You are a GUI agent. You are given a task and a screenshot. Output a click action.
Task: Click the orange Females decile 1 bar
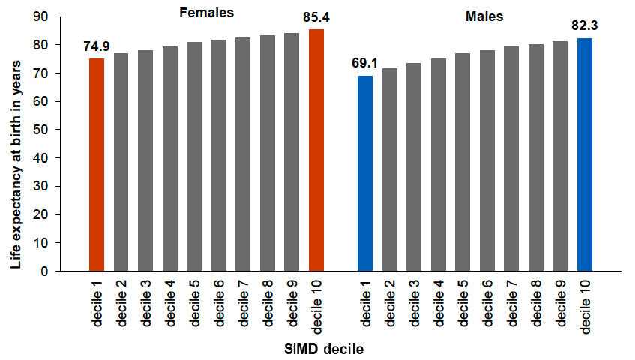coord(96,165)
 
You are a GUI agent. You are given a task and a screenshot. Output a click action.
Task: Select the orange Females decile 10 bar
coord(316,150)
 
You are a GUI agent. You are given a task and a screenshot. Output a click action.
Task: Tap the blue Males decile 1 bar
coord(364,173)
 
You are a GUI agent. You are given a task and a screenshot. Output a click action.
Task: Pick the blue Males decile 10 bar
coord(584,154)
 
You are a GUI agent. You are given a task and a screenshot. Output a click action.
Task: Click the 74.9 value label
coord(97,47)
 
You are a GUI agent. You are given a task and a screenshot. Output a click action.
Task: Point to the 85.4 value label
coord(316,17)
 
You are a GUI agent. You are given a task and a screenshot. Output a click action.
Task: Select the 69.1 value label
coord(365,64)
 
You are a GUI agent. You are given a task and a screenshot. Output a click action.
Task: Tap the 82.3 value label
coord(585,26)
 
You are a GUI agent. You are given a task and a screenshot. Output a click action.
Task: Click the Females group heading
coord(205,13)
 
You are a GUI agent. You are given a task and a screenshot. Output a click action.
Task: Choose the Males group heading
coord(484,16)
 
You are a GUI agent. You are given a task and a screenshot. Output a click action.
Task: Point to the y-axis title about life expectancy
coord(16,142)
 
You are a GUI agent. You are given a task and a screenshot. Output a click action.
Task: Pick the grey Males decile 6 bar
coord(487,160)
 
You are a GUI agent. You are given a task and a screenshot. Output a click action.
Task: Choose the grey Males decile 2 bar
coord(389,169)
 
